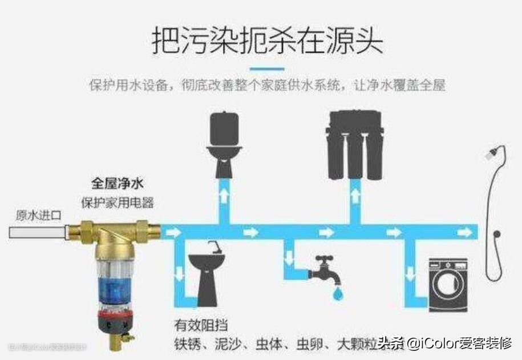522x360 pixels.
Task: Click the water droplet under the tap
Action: tap(339, 293)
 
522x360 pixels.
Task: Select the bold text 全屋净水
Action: tap(117, 185)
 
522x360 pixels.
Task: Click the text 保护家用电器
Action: tap(117, 202)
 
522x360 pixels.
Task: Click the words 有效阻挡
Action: tap(201, 326)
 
